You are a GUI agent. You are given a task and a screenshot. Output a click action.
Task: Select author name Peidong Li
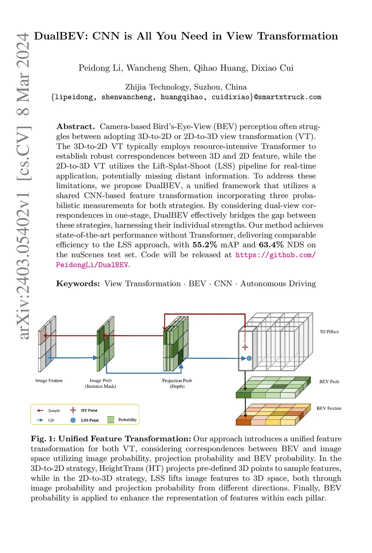(100, 68)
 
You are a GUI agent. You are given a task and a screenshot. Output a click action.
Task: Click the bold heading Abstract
(75, 126)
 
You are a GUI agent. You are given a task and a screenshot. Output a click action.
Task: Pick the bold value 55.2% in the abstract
(205, 245)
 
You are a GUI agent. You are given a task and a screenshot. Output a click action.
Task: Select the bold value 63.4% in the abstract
(271, 245)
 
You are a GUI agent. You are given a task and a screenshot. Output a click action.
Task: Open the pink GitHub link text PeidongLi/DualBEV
(92, 265)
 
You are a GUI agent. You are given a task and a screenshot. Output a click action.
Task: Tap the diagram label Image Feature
(49, 380)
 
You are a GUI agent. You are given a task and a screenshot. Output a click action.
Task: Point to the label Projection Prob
(177, 380)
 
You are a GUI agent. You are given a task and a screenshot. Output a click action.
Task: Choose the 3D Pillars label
(329, 332)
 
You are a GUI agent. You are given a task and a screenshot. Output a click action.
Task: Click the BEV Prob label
(329, 382)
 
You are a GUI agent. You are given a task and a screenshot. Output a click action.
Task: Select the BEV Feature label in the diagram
(329, 408)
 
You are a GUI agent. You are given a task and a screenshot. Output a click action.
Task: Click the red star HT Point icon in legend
(73, 410)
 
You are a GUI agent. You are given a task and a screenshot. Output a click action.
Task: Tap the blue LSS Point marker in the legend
(73, 420)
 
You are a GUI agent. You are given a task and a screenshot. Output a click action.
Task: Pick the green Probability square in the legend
(111, 420)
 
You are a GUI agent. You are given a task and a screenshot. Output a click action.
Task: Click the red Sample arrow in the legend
(40, 411)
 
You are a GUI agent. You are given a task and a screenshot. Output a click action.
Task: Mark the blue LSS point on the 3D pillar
(249, 358)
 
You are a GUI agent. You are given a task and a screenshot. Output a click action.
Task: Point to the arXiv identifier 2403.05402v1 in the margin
(24, 265)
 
